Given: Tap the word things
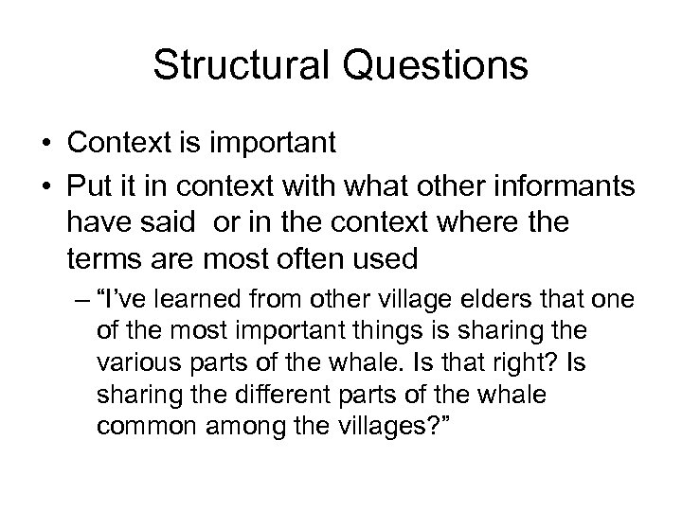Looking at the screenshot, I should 375,332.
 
